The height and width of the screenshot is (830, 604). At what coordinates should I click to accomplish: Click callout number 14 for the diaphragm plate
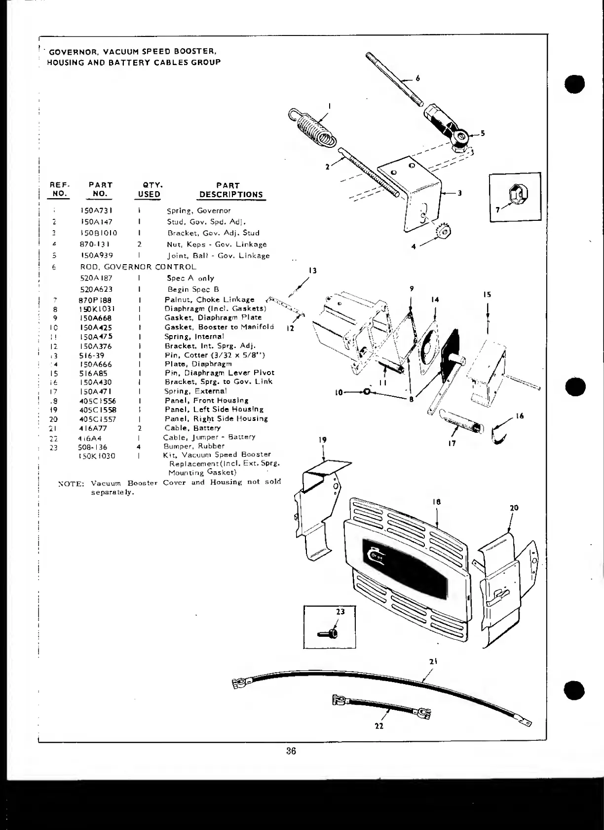click(x=435, y=300)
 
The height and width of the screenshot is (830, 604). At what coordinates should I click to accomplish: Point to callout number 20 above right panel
click(x=514, y=508)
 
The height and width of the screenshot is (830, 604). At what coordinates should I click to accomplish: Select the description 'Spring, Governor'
click(x=198, y=210)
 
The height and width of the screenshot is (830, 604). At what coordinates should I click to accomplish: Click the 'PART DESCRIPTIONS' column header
click(x=230, y=190)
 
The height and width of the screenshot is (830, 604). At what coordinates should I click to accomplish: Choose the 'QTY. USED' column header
click(x=149, y=190)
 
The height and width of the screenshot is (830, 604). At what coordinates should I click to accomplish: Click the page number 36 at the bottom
click(x=291, y=751)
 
